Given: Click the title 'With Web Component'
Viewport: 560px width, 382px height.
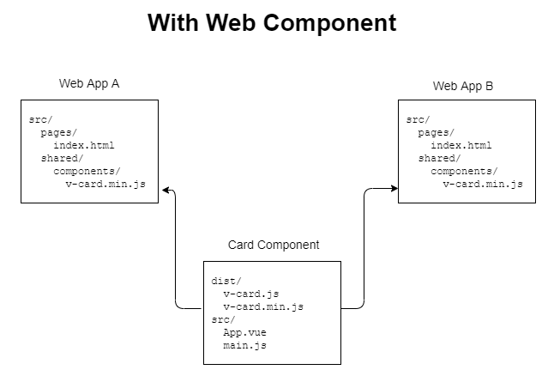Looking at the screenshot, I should point(272,23).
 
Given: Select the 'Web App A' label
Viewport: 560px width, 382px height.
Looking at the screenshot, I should point(89,84).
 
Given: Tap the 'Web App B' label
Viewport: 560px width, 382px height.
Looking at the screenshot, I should point(463,86).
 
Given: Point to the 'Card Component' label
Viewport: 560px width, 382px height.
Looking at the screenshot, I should point(274,246).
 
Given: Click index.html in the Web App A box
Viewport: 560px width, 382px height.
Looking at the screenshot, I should point(83,145).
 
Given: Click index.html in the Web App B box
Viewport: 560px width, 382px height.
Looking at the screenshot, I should point(461,145).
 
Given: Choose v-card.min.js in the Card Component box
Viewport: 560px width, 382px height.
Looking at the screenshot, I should point(263,306).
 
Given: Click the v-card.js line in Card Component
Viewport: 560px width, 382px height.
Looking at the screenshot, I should point(250,294).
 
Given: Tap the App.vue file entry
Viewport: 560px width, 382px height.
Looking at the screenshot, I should point(244,332).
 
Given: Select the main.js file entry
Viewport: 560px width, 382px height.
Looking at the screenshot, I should point(244,345).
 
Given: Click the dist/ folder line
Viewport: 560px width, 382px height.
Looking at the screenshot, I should point(226,281).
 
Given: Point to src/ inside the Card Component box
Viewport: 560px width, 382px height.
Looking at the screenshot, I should point(223,319).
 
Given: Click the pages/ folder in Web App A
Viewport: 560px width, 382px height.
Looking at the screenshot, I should point(59,132).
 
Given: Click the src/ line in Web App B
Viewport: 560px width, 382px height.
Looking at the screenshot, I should point(418,119).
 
